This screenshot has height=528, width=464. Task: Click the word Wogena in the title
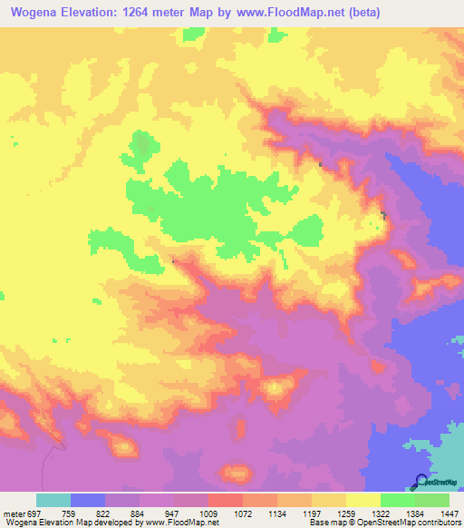click(x=37, y=13)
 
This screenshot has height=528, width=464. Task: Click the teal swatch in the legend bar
click(x=53, y=500)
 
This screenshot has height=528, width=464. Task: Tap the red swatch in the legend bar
click(x=226, y=500)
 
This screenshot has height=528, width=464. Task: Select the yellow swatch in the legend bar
click(x=363, y=500)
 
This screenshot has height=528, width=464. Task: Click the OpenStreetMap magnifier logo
click(x=420, y=481)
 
